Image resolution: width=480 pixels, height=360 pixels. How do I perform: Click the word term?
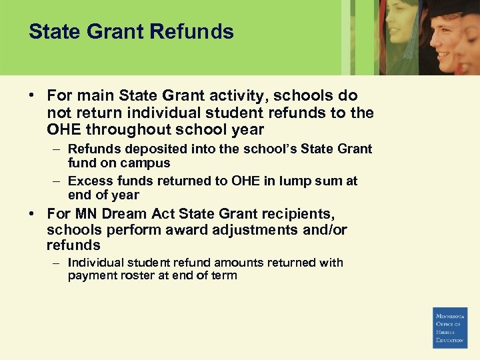(223, 275)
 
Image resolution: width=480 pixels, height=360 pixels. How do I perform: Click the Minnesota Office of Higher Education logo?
(449, 327)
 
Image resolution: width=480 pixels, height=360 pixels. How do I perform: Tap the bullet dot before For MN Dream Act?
(32, 214)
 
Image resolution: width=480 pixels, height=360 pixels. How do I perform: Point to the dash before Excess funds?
(57, 181)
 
